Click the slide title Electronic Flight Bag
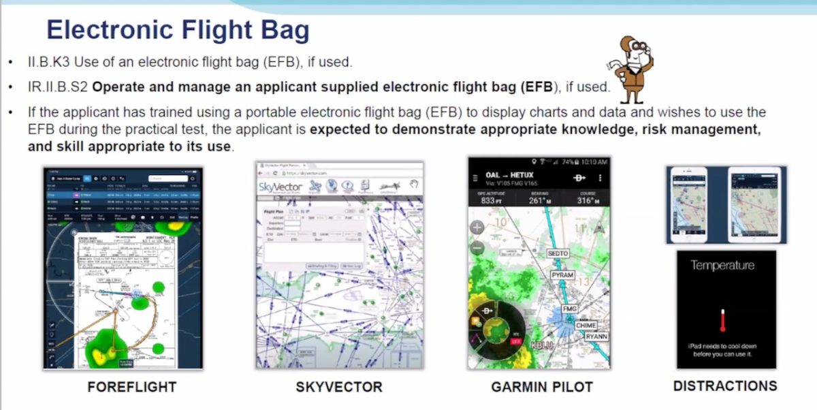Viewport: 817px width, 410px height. click(x=178, y=31)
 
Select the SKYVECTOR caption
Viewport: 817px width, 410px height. click(x=339, y=387)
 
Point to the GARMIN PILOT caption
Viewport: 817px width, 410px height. click(x=542, y=387)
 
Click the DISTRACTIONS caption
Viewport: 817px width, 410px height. click(x=725, y=386)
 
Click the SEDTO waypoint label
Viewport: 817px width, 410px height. click(x=558, y=253)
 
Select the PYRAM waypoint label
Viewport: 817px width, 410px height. click(x=563, y=275)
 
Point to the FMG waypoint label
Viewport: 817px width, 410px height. click(x=570, y=309)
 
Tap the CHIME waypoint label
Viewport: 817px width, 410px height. click(x=586, y=325)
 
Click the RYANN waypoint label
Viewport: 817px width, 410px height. click(x=596, y=336)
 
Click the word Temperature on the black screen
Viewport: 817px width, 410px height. click(x=722, y=265)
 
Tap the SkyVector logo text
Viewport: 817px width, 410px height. click(x=278, y=187)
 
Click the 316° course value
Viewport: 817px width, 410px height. click(x=588, y=200)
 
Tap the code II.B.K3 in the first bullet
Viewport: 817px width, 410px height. click(x=50, y=63)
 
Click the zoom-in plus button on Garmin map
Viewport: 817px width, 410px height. click(x=477, y=227)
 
